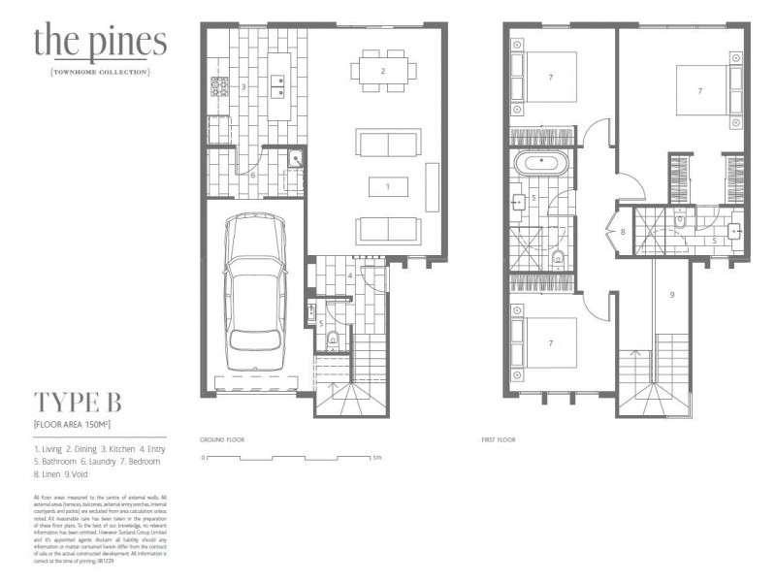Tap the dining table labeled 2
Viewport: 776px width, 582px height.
click(x=383, y=71)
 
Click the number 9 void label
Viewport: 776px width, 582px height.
click(x=670, y=293)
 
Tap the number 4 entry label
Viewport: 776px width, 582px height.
click(x=349, y=275)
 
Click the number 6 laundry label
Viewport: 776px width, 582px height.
click(x=252, y=176)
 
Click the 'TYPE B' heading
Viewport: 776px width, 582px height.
click(x=81, y=403)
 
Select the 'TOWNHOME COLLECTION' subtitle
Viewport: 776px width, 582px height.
click(x=100, y=72)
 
